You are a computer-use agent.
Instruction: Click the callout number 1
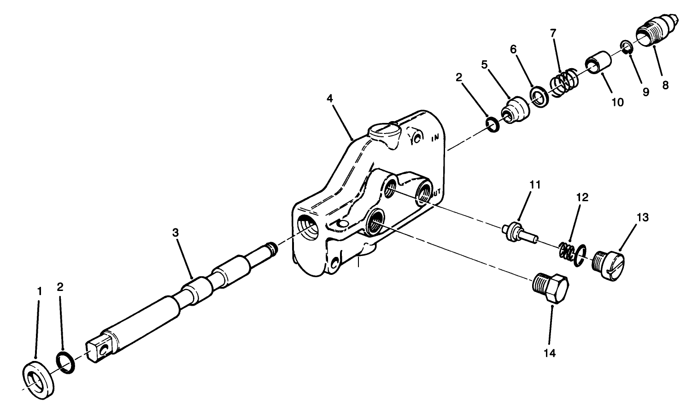[x=40, y=291]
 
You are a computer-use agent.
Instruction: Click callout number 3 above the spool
[x=175, y=233]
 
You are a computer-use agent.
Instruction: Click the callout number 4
[x=329, y=98]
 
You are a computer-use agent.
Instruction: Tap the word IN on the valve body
[x=434, y=138]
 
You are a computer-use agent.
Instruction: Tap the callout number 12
[x=582, y=198]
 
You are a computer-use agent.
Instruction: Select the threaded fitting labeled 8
[x=654, y=30]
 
